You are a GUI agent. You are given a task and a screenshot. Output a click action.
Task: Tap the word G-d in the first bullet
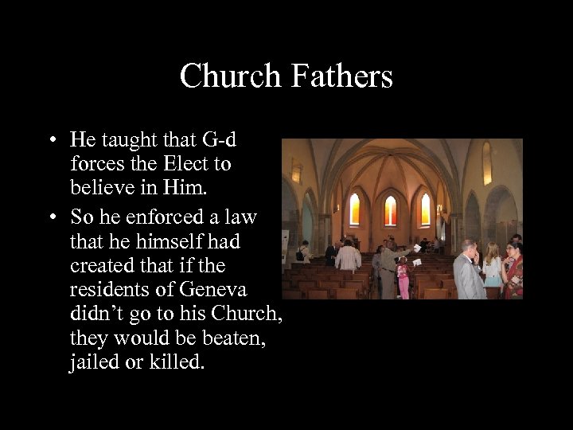pos(218,140)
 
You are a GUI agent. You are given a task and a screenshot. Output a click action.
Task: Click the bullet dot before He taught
pos(50,141)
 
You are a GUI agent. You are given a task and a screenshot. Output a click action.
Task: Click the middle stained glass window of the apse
pos(391,210)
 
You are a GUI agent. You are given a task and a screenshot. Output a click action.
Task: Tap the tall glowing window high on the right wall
pos(487,163)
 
